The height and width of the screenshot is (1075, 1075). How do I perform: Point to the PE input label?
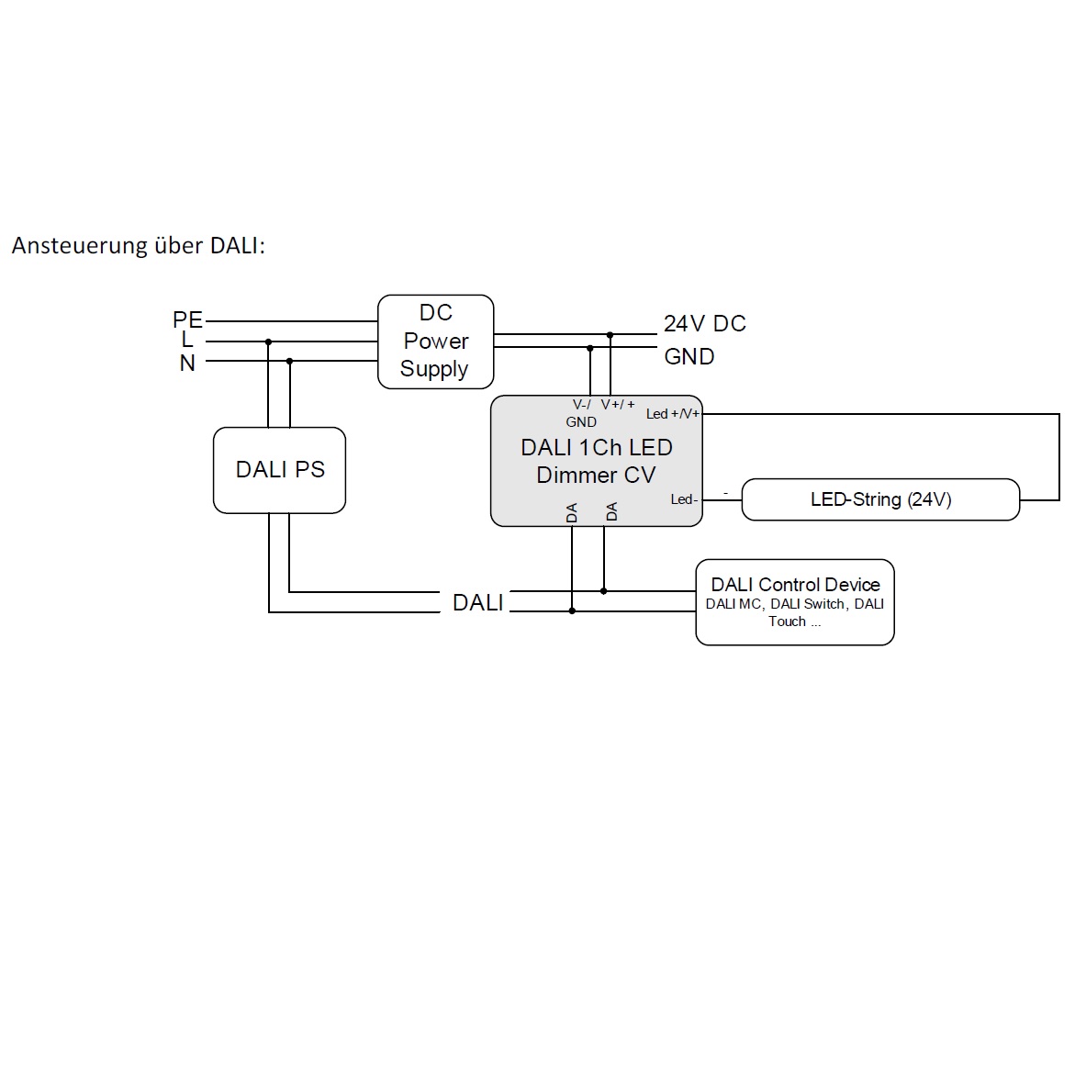point(187,319)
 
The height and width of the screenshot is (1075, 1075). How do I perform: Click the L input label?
point(187,340)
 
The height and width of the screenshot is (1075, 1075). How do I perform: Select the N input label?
point(187,363)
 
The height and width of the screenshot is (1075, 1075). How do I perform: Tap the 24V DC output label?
point(705,323)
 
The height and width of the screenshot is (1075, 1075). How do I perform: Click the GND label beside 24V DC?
point(689,356)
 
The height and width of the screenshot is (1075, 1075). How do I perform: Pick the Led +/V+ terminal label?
point(673,413)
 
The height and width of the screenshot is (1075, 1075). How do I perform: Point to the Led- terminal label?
point(684,499)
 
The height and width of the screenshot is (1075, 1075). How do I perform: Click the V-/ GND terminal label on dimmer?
point(581,413)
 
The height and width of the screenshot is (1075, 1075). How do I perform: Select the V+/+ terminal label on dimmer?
point(618,405)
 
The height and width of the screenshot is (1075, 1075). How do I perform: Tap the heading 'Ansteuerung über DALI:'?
point(139,245)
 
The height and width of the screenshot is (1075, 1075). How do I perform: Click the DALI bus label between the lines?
point(478,602)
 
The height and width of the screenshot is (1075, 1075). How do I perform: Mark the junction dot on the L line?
point(269,342)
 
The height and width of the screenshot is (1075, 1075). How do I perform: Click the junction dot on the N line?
point(289,361)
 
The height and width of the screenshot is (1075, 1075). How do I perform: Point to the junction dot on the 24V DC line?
point(610,334)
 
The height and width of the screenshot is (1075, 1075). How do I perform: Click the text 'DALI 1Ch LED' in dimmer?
point(597,447)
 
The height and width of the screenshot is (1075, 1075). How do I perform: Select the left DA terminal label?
point(572,512)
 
